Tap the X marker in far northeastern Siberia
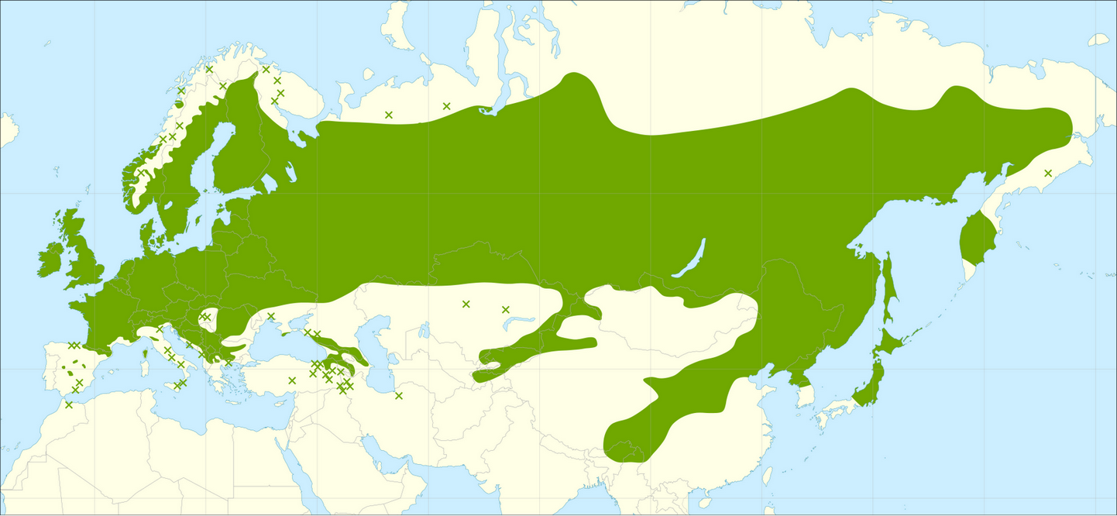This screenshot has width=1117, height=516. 1048,173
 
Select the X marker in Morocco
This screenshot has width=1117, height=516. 69,404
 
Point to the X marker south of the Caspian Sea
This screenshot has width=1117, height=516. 399,396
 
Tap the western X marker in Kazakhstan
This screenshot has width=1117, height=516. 466,304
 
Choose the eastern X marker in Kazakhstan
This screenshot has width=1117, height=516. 506,309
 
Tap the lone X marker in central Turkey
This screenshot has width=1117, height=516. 292,380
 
